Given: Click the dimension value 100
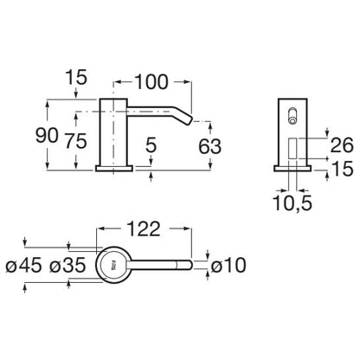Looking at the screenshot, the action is click(151, 82).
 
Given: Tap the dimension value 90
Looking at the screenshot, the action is click(47, 136).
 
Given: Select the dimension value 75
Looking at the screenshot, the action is click(75, 141).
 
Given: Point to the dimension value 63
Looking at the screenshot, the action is click(209, 146).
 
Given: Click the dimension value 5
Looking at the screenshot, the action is click(151, 145).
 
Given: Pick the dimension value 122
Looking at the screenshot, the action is click(144, 229).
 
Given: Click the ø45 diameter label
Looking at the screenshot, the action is click(23, 265).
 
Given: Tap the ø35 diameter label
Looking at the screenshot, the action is click(67, 265).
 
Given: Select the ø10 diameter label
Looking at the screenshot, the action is click(228, 265).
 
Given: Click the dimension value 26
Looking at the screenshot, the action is click(342, 145).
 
